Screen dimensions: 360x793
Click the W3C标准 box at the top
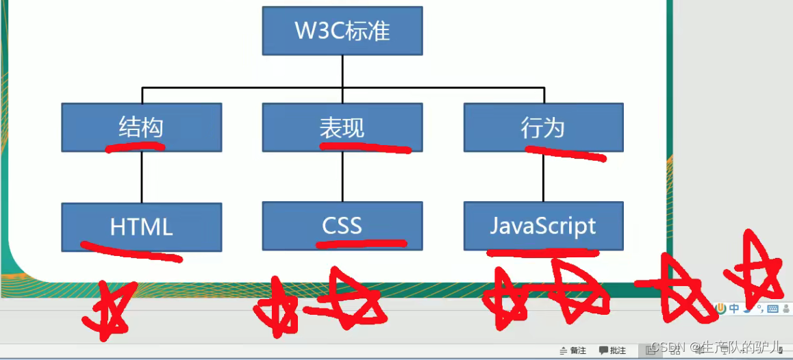pos(342,31)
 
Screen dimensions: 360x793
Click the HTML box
pos(141,227)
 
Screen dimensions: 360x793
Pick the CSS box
pos(342,225)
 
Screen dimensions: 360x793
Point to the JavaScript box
pos(543,225)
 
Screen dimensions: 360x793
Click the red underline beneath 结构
pos(134,146)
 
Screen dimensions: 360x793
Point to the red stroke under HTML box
pos(130,251)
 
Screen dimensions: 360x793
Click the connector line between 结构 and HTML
pos(142,177)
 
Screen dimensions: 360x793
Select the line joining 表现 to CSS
pos(342,177)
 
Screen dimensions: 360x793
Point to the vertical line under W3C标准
pos(342,71)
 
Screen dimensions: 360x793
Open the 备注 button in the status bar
pos(573,350)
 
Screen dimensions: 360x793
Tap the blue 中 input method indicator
pos(733,309)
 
